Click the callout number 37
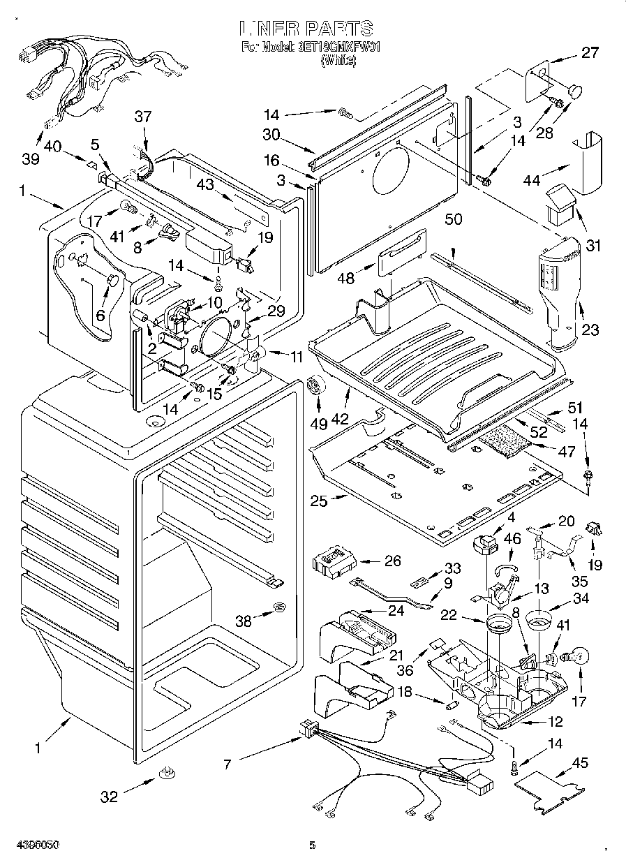pos(142,117)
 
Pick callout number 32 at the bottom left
pos(110,797)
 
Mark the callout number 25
pos(319,500)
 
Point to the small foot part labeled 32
pos(167,773)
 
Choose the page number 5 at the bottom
pos(312,846)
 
